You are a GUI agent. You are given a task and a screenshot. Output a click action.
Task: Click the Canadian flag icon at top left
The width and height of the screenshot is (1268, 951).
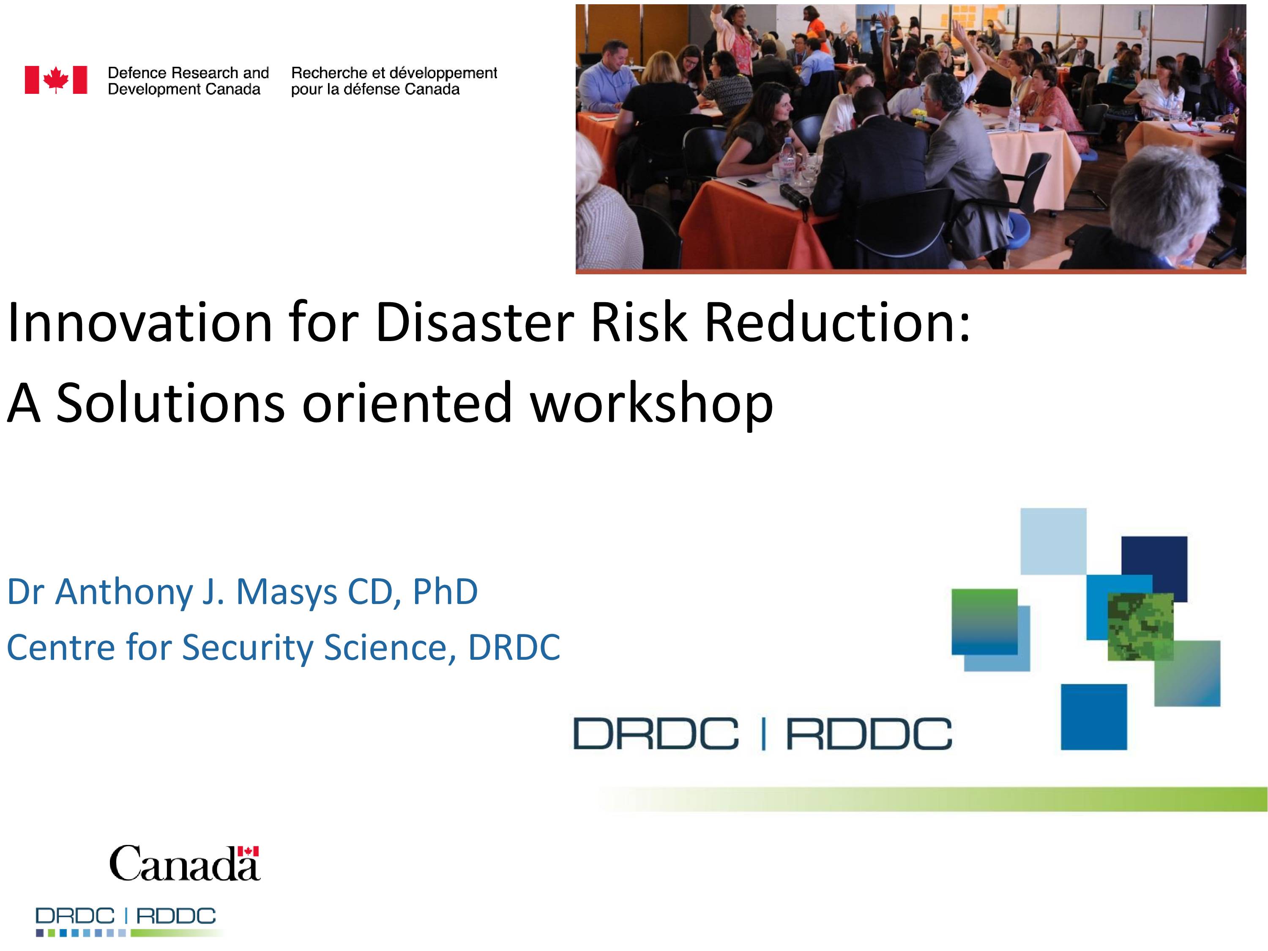click(56, 80)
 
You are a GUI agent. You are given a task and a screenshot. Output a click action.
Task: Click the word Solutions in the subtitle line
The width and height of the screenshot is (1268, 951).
click(170, 403)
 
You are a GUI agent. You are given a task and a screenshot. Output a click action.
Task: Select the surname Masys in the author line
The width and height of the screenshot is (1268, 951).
click(287, 592)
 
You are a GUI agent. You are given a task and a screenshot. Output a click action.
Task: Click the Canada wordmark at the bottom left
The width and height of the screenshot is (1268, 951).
click(185, 863)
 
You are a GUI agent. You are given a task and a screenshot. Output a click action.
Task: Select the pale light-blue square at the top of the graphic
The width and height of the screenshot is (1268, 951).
click(1053, 541)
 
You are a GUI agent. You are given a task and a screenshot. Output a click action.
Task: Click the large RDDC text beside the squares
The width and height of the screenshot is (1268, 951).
click(869, 734)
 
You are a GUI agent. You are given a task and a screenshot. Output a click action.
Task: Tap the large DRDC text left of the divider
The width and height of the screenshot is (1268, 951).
click(656, 734)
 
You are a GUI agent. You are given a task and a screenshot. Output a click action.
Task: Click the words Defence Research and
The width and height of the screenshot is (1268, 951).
click(188, 73)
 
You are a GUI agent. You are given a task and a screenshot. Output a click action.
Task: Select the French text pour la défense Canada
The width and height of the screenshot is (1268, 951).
click(375, 90)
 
